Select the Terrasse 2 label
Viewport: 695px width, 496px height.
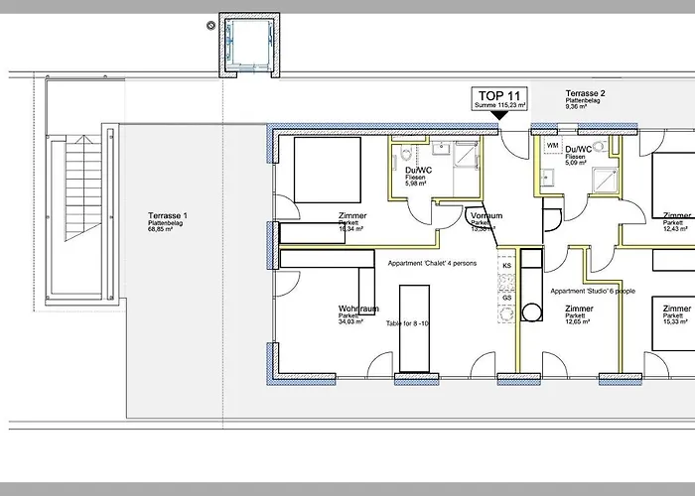click(586, 92)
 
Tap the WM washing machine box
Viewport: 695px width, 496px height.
click(551, 146)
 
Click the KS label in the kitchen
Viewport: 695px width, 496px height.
click(506, 266)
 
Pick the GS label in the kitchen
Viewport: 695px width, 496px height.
click(506, 298)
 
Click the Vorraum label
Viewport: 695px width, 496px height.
click(486, 215)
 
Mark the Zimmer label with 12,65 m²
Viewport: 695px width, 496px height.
click(579, 310)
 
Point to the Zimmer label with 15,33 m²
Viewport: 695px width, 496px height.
click(678, 310)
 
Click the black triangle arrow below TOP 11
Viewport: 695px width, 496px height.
click(500, 115)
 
